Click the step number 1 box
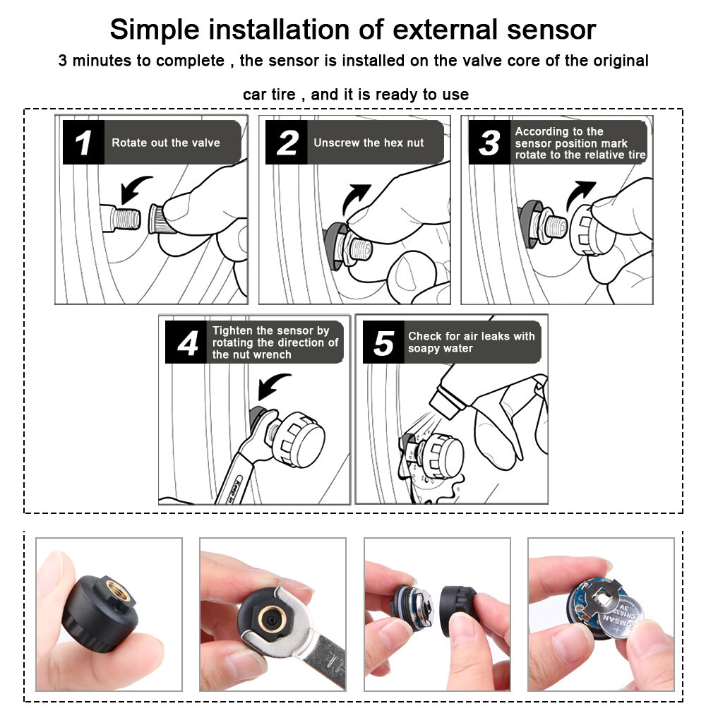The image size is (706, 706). pyautogui.click(x=83, y=143)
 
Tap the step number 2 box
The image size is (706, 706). pyautogui.click(x=287, y=143)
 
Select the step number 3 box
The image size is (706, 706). pyautogui.click(x=489, y=143)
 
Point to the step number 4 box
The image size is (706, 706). pyautogui.click(x=186, y=342)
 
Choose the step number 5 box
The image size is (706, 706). pyautogui.click(x=383, y=342)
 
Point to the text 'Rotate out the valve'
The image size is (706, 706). pyautogui.click(x=166, y=143)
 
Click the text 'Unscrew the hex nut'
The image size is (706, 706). pyautogui.click(x=369, y=143)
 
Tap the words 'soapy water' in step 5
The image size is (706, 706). pyautogui.click(x=441, y=349)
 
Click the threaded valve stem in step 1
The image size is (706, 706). pyautogui.click(x=126, y=218)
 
